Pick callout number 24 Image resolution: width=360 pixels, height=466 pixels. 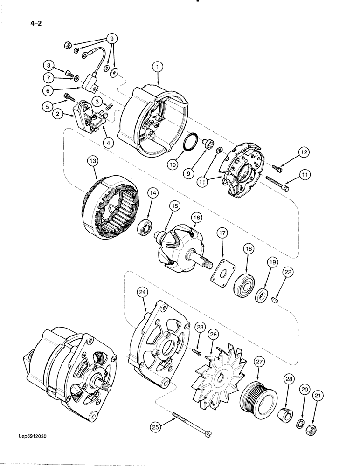pos(142,293)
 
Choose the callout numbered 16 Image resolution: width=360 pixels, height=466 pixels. pos(195,217)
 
